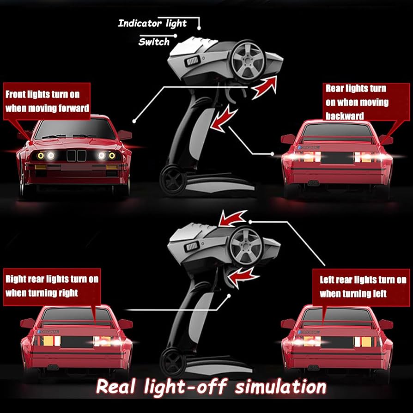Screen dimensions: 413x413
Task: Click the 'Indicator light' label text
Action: coord(152,24)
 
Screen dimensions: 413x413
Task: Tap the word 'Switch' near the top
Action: coord(154,42)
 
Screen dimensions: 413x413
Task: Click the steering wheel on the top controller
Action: coord(248,61)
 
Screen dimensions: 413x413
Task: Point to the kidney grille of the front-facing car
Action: coord(76,156)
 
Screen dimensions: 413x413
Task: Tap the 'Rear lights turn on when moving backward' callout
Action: coord(366,102)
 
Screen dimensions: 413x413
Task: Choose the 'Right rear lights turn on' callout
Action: coord(52,287)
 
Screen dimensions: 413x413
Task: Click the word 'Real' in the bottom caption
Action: coord(116,387)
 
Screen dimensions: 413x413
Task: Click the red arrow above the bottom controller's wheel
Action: coord(232,219)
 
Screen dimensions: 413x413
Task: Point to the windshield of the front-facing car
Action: coord(75,128)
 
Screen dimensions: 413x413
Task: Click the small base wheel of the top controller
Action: coord(173,180)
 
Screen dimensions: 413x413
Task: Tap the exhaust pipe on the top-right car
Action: coord(313,182)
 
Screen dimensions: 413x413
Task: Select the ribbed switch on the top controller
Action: coord(193,61)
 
